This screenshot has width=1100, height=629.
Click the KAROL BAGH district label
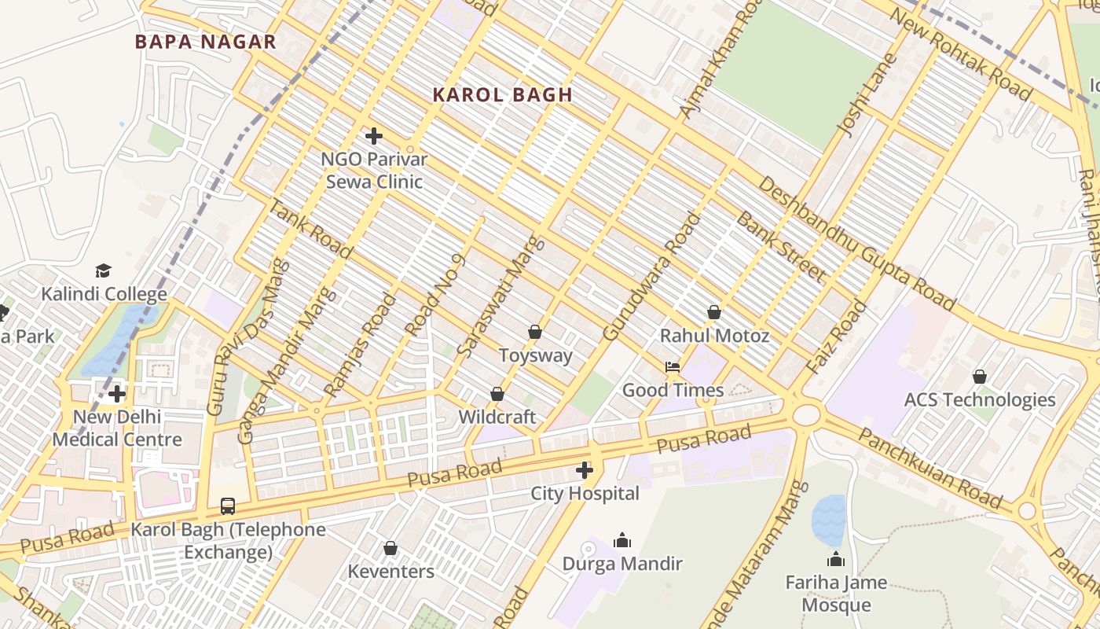pos(502,95)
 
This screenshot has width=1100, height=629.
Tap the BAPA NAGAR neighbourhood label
pos(205,42)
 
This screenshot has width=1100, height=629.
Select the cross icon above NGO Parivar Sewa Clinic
pos(374,136)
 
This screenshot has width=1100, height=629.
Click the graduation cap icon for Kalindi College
pos(104,271)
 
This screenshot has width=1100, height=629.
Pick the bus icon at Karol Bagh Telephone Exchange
pos(228,506)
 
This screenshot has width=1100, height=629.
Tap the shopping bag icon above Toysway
pos(535,332)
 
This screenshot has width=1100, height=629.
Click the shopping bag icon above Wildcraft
pos(497,393)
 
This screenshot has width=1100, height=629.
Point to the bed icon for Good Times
pos(673,367)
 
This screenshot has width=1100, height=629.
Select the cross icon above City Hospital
pos(585,470)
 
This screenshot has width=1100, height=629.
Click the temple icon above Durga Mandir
pos(622,540)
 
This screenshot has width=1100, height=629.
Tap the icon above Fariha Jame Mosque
pos(836,559)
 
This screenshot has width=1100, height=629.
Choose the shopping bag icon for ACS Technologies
pos(980,377)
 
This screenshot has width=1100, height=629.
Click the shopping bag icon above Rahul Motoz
pos(714,312)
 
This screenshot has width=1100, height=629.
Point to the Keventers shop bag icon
pos(390,548)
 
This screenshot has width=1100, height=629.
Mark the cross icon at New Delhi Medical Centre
pos(118,393)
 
